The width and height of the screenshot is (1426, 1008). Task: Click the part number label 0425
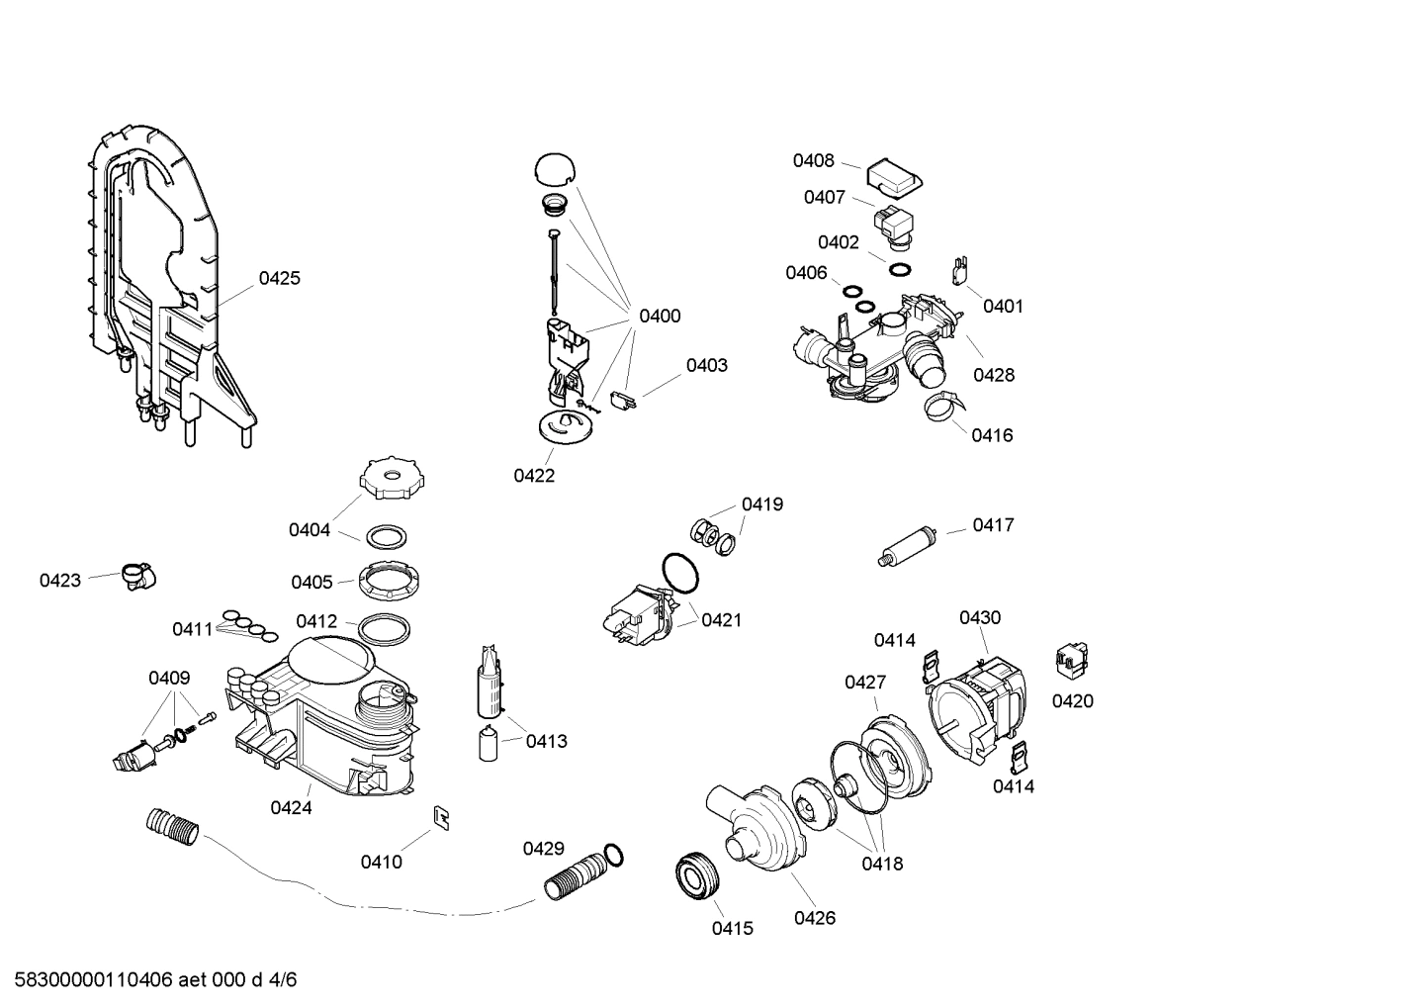[279, 278]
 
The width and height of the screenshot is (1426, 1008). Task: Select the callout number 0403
[706, 365]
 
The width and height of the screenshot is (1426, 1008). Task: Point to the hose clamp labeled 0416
[944, 406]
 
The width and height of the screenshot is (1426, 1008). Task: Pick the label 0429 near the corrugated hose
[543, 848]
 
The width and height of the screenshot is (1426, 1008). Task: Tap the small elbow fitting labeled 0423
[138, 575]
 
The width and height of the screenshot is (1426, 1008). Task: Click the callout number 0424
[291, 807]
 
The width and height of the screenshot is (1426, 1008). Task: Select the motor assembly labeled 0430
[977, 704]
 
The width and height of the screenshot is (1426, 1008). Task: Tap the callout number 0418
[881, 863]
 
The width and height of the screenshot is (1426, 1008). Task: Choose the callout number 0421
[721, 620]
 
